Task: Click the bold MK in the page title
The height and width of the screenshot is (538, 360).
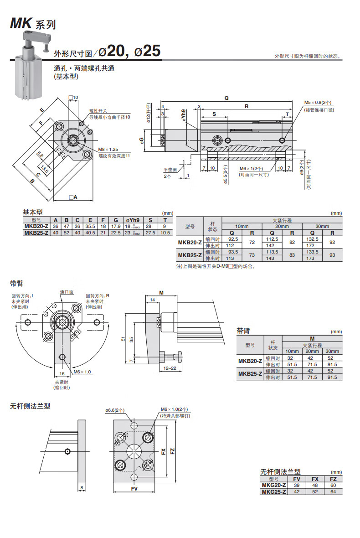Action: coord(21,23)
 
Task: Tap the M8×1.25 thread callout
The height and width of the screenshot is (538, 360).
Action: coord(108,149)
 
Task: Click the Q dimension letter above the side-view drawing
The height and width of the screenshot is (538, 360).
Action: coord(226,98)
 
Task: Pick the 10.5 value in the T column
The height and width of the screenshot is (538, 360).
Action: coord(165,233)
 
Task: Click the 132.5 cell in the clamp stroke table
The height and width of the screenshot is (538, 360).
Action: coord(312,239)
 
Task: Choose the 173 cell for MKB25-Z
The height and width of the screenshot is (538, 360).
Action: coord(312,258)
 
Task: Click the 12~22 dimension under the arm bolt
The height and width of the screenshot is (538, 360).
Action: coord(170,367)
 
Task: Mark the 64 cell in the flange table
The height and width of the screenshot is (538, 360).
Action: coord(333,492)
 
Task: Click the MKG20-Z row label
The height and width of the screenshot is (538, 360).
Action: coord(274,486)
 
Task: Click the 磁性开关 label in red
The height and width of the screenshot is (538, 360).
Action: coord(98,111)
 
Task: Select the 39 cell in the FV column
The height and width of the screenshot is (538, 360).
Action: coord(297,486)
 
